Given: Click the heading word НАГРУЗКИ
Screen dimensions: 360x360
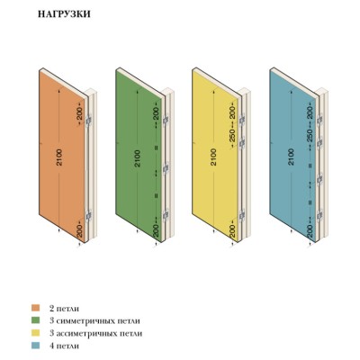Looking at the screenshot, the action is (x=64, y=14).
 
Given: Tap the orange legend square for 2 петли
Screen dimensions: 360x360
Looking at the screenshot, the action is (x=36, y=308).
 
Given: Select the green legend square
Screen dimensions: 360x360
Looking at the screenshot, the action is (x=36, y=320).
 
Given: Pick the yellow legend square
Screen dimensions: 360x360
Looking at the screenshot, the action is (x=36, y=333).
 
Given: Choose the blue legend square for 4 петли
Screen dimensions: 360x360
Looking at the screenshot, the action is (x=36, y=346).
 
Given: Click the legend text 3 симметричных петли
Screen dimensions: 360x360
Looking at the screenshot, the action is (x=94, y=320).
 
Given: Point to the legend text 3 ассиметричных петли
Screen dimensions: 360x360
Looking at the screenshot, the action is (x=95, y=333).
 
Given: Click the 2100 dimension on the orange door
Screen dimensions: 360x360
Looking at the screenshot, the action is (x=59, y=157).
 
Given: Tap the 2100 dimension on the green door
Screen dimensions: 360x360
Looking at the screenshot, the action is (x=137, y=158).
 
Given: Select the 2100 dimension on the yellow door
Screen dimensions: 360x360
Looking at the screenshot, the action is (x=213, y=157).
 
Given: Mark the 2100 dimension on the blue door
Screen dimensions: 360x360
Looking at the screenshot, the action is (x=291, y=157).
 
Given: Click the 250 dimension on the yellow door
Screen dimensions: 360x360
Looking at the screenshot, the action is (x=233, y=135).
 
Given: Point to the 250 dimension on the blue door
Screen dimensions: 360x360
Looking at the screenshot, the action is (x=310, y=135).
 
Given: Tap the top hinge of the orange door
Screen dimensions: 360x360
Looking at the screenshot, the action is (x=88, y=121).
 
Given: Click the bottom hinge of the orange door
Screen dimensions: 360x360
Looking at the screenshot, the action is (x=88, y=215).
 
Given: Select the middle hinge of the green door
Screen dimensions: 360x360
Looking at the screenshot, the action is (x=166, y=169).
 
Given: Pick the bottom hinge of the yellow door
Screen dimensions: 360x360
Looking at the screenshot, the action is (x=242, y=215).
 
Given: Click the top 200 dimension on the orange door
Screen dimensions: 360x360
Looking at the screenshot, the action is (x=79, y=113).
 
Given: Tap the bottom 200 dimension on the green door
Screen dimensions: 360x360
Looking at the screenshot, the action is (x=157, y=230).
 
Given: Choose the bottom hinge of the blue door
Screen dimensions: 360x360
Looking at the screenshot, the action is (x=319, y=215).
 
